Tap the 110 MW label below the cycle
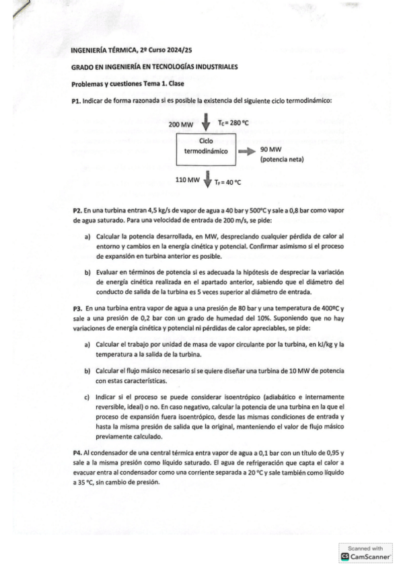click(187, 180)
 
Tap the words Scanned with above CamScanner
click(366, 548)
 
